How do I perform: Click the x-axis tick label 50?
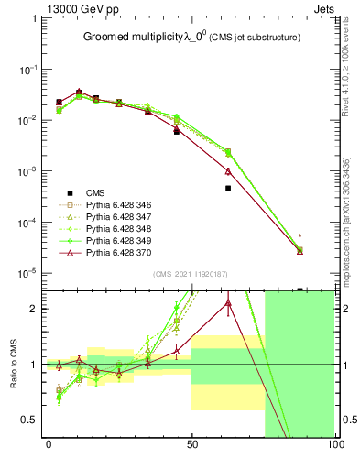[x=191, y=449]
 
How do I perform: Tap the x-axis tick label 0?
[x=49, y=449]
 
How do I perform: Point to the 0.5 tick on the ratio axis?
[x=33, y=420]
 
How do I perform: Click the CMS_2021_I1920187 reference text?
[x=191, y=273]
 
